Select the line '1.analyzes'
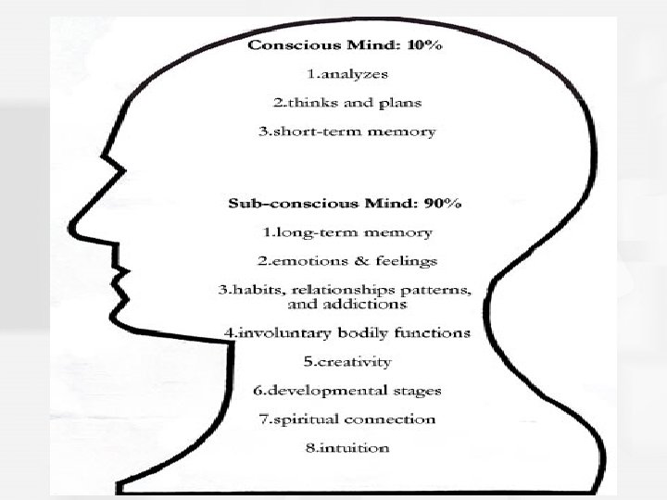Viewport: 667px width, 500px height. (347, 74)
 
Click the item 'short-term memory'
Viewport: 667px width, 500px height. (353, 131)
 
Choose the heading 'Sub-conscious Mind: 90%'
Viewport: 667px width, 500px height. (346, 203)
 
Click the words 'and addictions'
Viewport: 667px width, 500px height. (347, 304)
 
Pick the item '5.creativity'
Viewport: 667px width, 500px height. (347, 361)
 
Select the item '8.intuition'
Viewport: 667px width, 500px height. (347, 447)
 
